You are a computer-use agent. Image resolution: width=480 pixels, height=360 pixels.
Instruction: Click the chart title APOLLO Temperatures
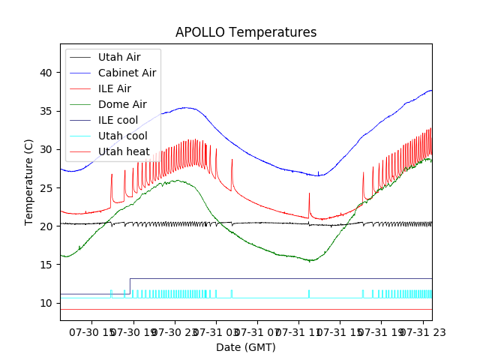tap(246, 32)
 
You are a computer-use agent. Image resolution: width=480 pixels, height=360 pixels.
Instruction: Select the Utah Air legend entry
tap(118, 56)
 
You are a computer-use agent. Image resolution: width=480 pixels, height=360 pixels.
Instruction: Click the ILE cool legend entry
tap(118, 120)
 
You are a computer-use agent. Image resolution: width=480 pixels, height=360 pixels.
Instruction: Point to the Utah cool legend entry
tap(122, 136)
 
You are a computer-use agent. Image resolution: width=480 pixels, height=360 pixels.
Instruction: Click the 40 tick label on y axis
tap(46, 73)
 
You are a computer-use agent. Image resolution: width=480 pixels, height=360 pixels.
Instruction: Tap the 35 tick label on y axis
tap(46, 111)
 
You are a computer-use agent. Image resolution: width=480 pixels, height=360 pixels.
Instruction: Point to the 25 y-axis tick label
tap(46, 187)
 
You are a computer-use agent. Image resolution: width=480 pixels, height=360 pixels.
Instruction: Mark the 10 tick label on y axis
tap(46, 303)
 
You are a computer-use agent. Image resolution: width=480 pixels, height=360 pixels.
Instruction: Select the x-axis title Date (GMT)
tap(246, 347)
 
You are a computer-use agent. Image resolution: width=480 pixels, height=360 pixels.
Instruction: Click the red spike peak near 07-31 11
tap(309, 193)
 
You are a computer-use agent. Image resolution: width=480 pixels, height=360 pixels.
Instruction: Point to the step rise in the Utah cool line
tap(130, 286)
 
